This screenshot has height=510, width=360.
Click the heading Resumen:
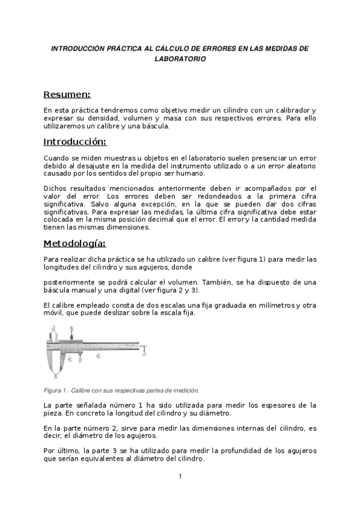click(67, 94)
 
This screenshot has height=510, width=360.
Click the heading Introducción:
click(75, 142)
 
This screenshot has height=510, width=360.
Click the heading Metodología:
click(75, 244)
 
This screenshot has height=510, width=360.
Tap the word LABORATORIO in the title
click(180, 59)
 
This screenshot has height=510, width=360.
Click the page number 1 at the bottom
click(180, 477)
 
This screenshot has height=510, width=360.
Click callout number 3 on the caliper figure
click(145, 354)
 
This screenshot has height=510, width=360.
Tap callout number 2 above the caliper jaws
click(54, 328)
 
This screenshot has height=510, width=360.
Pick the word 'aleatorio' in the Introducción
click(298, 165)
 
